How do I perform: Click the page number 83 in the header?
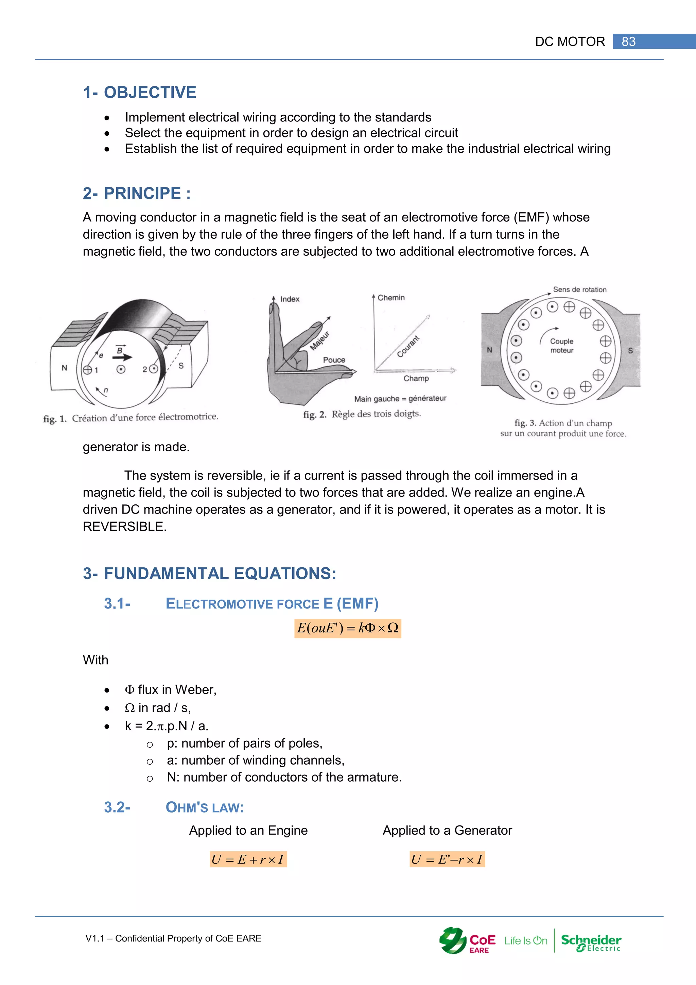pyautogui.click(x=628, y=41)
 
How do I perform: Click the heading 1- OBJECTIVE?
pyautogui.click(x=140, y=92)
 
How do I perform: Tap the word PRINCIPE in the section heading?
pyautogui.click(x=142, y=194)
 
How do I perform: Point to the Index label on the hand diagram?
pyautogui.click(x=290, y=299)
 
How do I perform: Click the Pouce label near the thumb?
pyautogui.click(x=334, y=360)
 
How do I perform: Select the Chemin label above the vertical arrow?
pyautogui.click(x=391, y=298)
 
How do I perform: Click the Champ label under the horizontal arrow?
pyautogui.click(x=416, y=378)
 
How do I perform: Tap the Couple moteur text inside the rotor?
pyautogui.click(x=561, y=346)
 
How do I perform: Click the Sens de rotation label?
pyautogui.click(x=579, y=289)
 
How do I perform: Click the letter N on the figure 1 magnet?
pyautogui.click(x=64, y=368)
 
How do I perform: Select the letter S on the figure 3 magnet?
pyautogui.click(x=630, y=351)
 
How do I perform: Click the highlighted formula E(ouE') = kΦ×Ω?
pyautogui.click(x=348, y=629)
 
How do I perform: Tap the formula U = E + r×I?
pyautogui.click(x=248, y=859)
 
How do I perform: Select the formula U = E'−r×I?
pyautogui.click(x=447, y=859)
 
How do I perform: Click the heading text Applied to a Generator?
pyautogui.click(x=447, y=830)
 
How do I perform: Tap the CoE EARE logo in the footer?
pyautogui.click(x=467, y=941)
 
